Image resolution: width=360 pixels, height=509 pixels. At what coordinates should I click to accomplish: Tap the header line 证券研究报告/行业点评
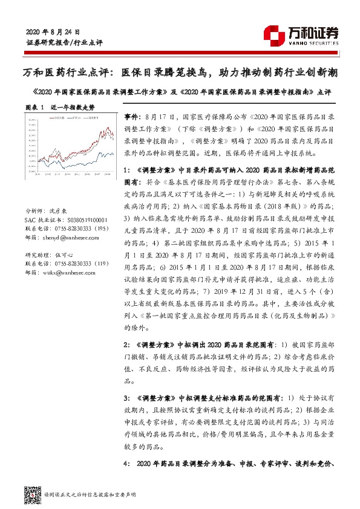click(65, 43)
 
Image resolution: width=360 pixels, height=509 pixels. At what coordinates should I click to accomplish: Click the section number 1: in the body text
click(126, 170)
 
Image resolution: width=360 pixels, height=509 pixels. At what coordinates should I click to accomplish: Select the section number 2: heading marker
click(126, 343)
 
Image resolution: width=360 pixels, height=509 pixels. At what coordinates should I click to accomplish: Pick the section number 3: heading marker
click(126, 399)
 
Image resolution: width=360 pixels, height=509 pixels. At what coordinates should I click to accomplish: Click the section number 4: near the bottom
click(126, 464)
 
